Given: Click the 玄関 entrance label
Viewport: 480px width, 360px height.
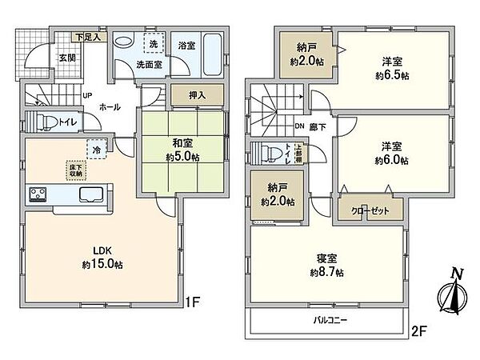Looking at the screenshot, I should (x=66, y=57).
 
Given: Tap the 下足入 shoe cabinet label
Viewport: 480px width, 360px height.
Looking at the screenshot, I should (x=87, y=37).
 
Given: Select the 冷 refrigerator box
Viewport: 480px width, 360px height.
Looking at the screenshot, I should (x=96, y=149).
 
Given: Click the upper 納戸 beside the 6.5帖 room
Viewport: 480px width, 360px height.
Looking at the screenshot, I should (x=302, y=54).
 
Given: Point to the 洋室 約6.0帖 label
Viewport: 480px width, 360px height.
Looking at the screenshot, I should (x=392, y=153).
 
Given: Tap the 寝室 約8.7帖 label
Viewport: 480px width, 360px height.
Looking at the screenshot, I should (x=326, y=265).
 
